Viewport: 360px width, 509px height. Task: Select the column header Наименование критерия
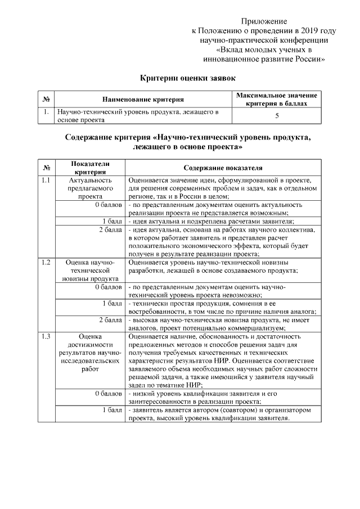click(143, 100)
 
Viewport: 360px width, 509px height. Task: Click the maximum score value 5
click(277, 116)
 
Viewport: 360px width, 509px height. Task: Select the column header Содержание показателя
click(223, 167)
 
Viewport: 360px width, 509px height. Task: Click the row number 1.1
click(47, 181)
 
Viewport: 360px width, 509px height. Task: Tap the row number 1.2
click(47, 262)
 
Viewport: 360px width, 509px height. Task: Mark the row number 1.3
click(47, 336)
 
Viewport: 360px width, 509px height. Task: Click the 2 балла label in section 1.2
click(110, 320)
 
